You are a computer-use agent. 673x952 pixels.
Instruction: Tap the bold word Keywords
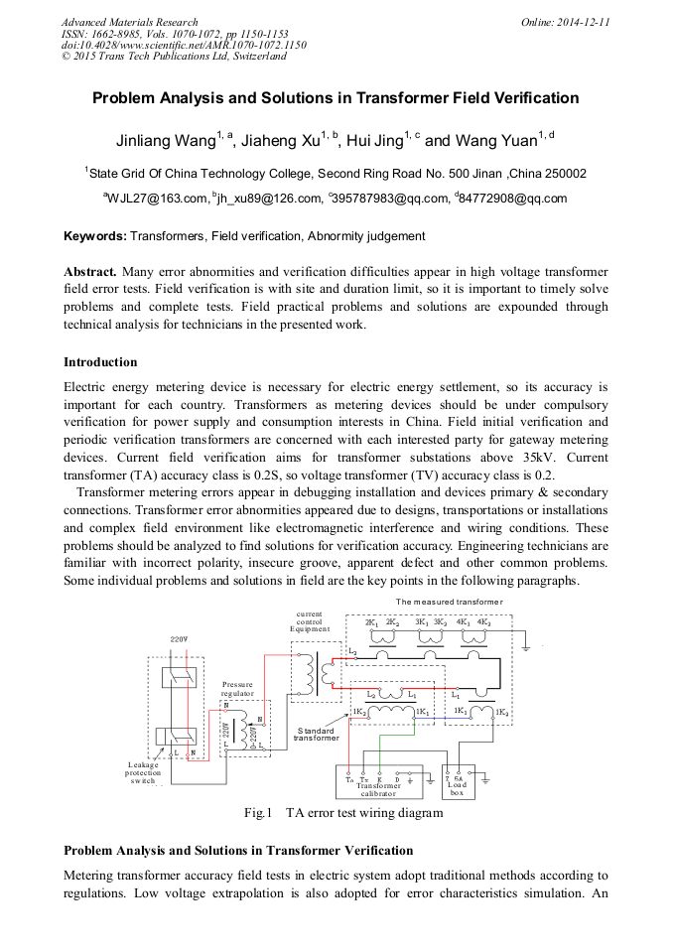(94, 236)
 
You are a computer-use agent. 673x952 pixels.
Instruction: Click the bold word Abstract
(90, 271)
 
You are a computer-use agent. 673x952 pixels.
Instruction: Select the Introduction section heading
(100, 361)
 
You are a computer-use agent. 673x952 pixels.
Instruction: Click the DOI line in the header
(184, 45)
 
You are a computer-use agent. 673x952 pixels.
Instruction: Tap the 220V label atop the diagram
(179, 639)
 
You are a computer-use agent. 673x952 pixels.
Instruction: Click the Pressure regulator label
(238, 689)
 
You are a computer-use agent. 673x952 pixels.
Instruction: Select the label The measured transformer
(449, 603)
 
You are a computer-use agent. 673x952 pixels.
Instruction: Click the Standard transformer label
(317, 735)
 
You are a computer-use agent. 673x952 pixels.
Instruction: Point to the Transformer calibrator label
(378, 789)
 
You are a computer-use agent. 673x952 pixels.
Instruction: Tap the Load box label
(457, 788)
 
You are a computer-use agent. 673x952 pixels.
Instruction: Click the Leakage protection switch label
(144, 772)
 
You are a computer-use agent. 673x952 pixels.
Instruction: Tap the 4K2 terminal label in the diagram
(485, 622)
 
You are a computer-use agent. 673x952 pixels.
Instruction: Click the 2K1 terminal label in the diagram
(372, 622)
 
